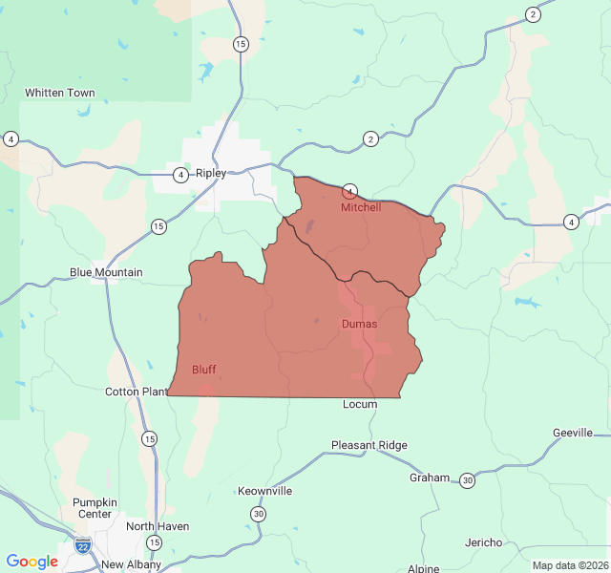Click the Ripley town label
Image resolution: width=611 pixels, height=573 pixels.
pos(211,174)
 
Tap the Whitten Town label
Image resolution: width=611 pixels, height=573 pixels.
pos(60,93)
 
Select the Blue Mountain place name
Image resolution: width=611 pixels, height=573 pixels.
pos(106,272)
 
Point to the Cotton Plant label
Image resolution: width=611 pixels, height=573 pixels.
pos(137,392)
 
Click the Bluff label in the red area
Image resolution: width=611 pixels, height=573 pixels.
pos(204,369)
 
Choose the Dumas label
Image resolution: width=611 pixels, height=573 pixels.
pos(359,324)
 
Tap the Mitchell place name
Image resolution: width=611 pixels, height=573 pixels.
pos(361,207)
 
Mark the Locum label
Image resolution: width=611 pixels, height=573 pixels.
pos(360,404)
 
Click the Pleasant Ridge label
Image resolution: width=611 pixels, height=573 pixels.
pos(369,445)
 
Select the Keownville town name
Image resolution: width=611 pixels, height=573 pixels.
pos(265,491)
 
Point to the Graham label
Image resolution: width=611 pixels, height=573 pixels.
pos(429,477)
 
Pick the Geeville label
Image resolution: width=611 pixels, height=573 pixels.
pos(573,433)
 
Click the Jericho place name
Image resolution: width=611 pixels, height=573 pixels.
pos(483,542)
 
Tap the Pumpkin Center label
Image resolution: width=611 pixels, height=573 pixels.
pos(95,508)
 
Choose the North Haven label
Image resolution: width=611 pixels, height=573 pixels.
pos(158,526)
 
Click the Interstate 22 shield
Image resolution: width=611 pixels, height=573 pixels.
pos(83,547)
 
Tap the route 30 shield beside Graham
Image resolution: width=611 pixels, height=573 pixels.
pos(467,479)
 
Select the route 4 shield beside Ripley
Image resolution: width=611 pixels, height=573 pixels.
pos(180,175)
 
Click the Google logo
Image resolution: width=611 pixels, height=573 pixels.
pos(32,562)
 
